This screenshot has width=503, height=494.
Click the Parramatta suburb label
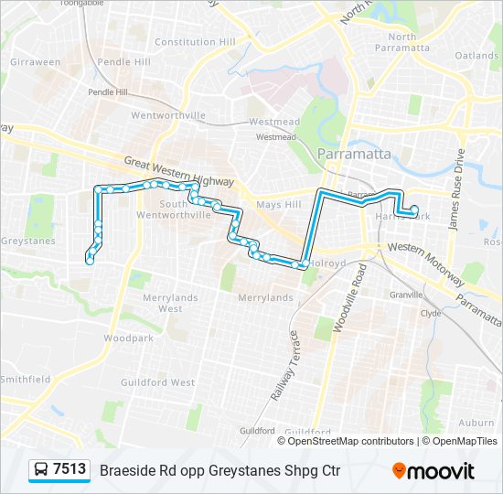click(353, 153)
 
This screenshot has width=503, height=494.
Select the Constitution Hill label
click(195, 42)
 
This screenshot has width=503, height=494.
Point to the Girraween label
click(34, 62)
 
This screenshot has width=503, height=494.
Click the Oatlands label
click(476, 55)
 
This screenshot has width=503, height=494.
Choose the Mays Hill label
click(278, 205)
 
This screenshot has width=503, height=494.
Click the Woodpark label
click(122, 338)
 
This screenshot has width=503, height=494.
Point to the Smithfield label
click(26, 378)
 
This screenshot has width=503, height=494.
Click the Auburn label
click(476, 423)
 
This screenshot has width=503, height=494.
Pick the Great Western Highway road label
click(178, 166)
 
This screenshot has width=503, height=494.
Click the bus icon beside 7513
click(41, 470)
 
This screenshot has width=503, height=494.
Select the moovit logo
click(433, 471)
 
